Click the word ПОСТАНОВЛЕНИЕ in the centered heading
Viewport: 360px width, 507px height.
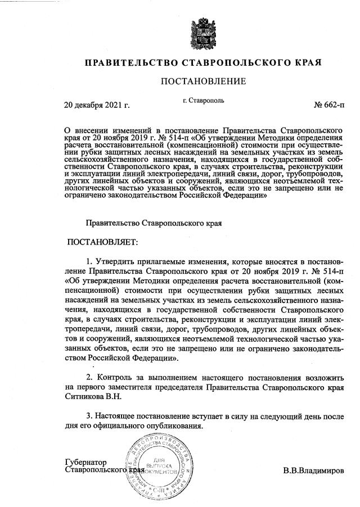(203, 82)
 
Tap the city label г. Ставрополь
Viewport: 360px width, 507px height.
(204, 101)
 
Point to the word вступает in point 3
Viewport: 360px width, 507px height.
(207, 416)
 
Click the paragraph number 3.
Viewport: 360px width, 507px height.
(89, 416)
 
